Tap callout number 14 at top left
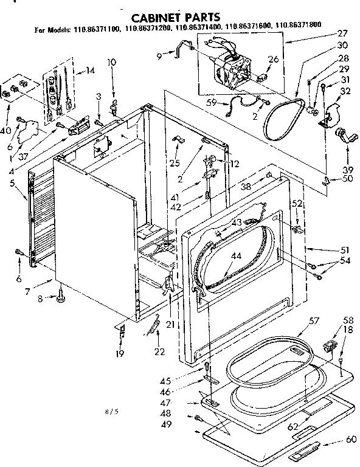(91, 71)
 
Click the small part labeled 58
(331, 346)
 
